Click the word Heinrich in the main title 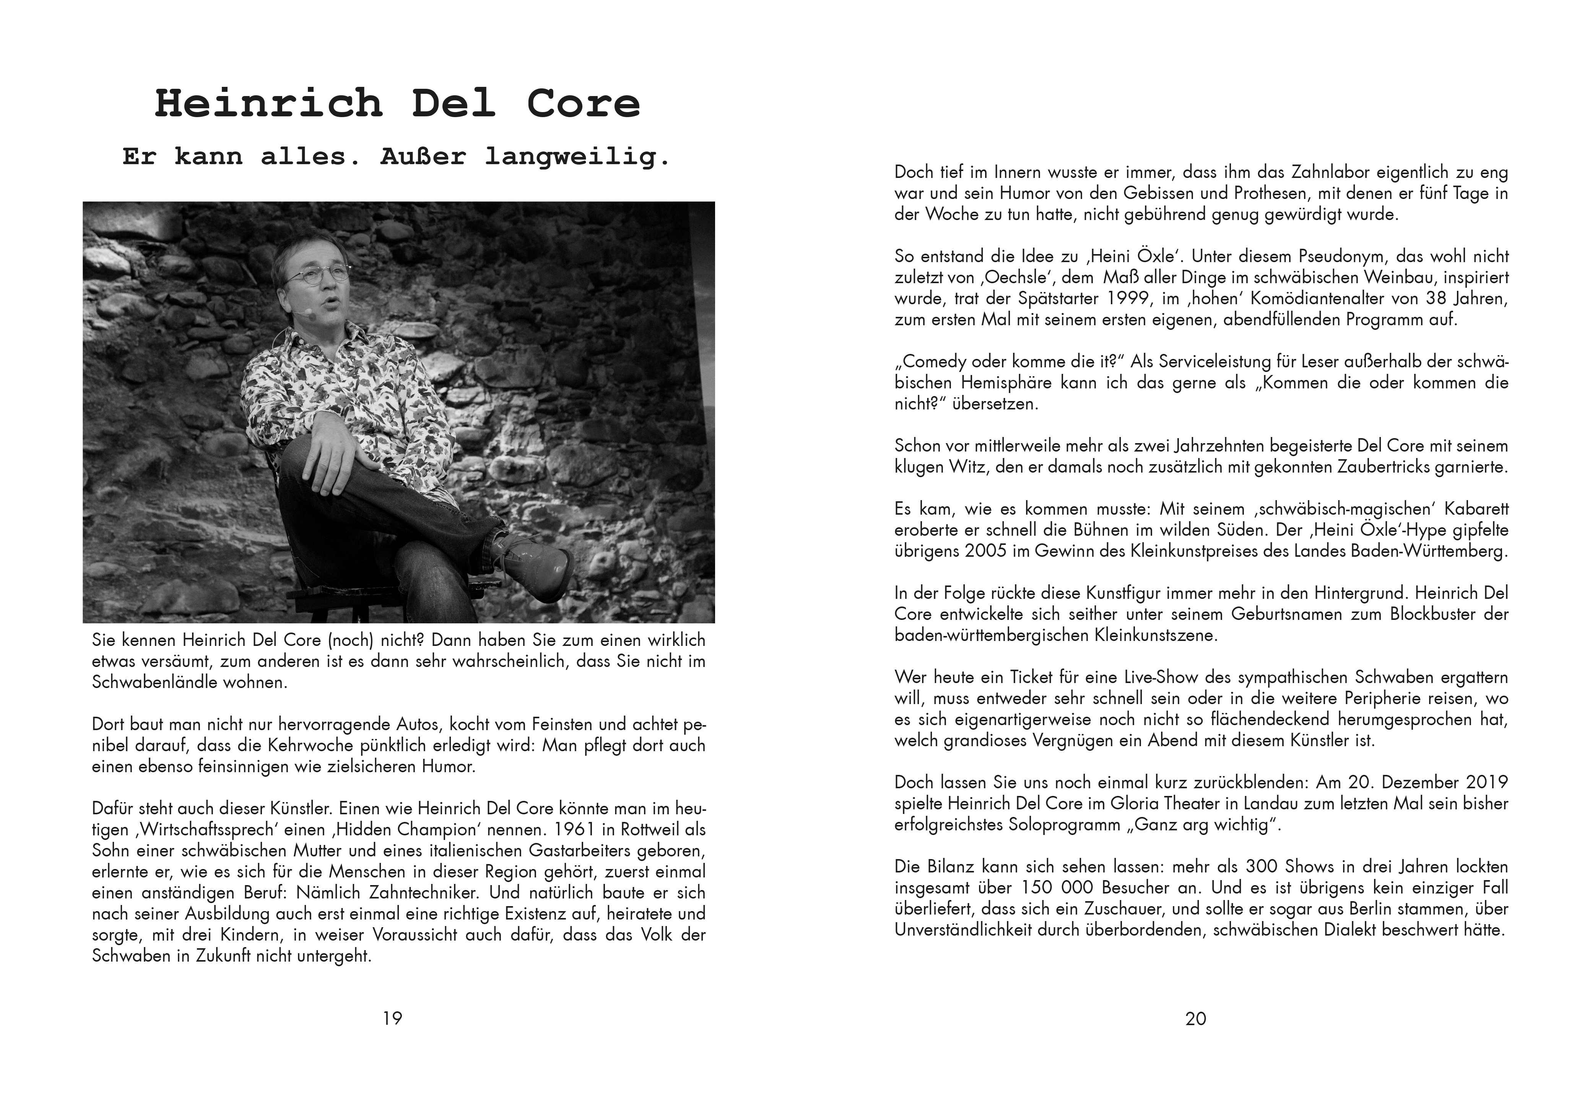click(x=269, y=104)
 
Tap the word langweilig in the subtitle click(x=577, y=157)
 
